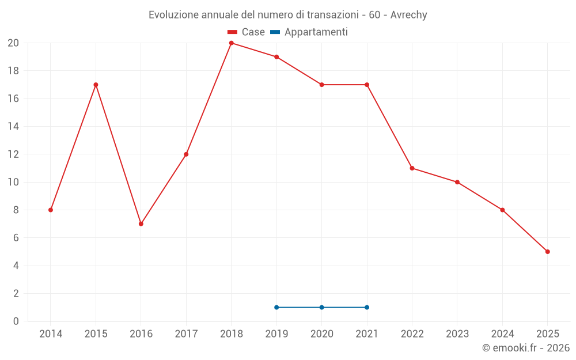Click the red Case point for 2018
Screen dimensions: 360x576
pyautogui.click(x=231, y=43)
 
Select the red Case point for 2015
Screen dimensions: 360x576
pyautogui.click(x=96, y=85)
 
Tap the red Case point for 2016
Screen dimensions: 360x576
pyautogui.click(x=141, y=223)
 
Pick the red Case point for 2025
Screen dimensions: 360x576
pyautogui.click(x=547, y=252)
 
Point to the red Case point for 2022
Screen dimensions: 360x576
pyautogui.click(x=412, y=168)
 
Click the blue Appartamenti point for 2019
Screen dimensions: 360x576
pyautogui.click(x=276, y=307)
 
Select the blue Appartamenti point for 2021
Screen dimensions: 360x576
pyautogui.click(x=367, y=307)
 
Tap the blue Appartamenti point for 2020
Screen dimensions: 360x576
pyautogui.click(x=321, y=307)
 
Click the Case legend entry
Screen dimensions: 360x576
pyautogui.click(x=246, y=32)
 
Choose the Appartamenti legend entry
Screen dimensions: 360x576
pyautogui.click(x=309, y=32)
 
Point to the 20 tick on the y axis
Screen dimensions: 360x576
pyautogui.click(x=13, y=43)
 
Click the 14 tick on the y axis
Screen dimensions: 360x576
pyautogui.click(x=13, y=127)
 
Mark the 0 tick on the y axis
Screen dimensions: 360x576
pyautogui.click(x=16, y=321)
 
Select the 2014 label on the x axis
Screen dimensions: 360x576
pyautogui.click(x=51, y=334)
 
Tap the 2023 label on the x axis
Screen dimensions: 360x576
pyautogui.click(x=457, y=334)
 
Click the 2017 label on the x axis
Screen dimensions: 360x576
pyautogui.click(x=186, y=334)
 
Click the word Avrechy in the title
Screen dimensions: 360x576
pyautogui.click(x=408, y=15)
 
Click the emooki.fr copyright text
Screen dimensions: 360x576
pyautogui.click(x=525, y=348)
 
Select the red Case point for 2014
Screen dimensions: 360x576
pyautogui.click(x=51, y=210)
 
